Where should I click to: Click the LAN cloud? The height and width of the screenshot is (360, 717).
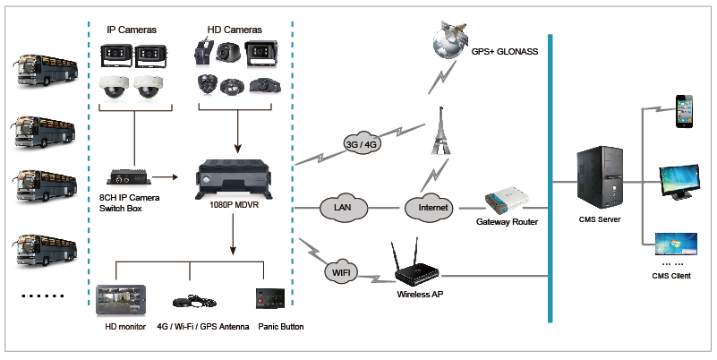pyautogui.click(x=342, y=208)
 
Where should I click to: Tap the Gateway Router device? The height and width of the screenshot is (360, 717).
pyautogui.click(x=508, y=201)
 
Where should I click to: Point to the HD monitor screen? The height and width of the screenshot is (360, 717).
pyautogui.click(x=120, y=300)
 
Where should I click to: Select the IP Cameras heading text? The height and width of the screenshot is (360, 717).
pyautogui.click(x=132, y=30)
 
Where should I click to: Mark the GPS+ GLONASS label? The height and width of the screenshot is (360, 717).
pyautogui.click(x=506, y=52)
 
